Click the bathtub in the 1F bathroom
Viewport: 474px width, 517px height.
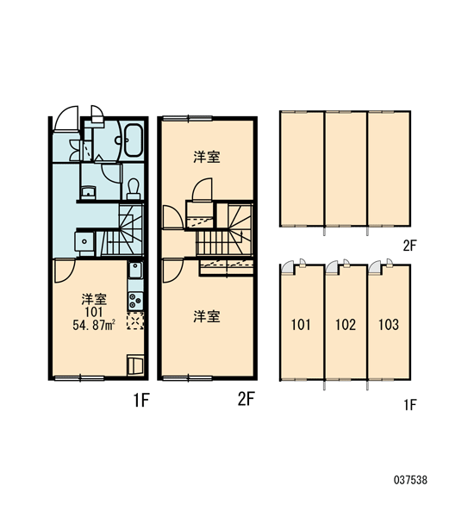coord(134,140)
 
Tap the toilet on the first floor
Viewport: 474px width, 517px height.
coord(134,190)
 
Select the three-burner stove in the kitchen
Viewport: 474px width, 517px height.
coord(135,301)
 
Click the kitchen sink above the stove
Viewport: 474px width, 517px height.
coord(135,271)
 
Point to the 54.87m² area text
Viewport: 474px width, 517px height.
coord(94,326)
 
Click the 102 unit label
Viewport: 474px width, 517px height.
coord(346,325)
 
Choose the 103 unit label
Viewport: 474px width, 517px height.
coord(389,325)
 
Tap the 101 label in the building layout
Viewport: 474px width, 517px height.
coord(301,325)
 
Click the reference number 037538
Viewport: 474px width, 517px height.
coord(410,480)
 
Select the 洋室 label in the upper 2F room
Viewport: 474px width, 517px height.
coord(207,157)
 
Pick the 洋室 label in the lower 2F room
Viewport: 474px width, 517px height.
coord(207,316)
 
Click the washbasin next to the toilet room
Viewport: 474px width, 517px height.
coord(88,192)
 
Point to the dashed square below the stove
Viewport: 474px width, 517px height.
coord(135,321)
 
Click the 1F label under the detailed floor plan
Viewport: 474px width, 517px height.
coord(141,401)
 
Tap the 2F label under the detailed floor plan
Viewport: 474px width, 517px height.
coord(246,400)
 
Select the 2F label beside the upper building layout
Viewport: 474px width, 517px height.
coord(409,246)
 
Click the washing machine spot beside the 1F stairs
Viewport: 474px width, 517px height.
coord(84,241)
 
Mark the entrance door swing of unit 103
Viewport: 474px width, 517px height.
coord(374,267)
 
